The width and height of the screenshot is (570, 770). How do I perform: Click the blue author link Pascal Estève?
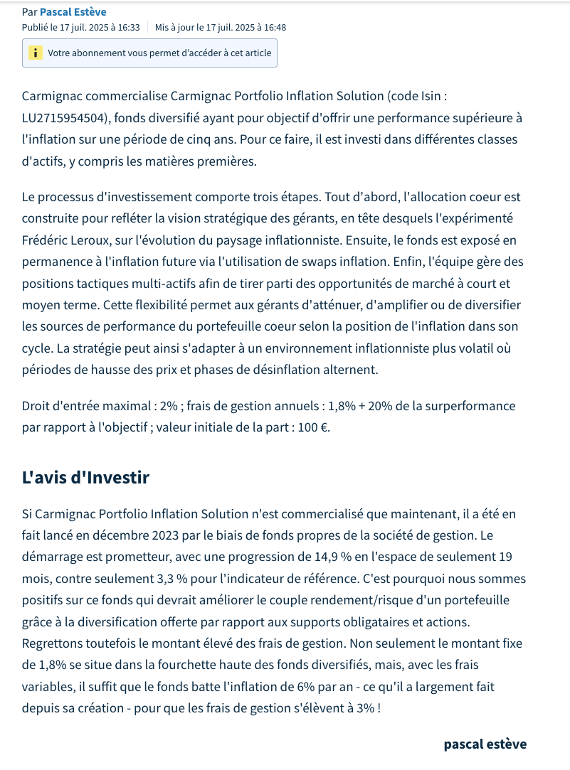point(73,12)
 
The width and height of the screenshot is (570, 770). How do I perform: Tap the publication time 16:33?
point(128,28)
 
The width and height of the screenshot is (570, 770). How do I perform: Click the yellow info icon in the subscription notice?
point(35,53)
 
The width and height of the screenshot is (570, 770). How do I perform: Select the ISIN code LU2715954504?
point(64,117)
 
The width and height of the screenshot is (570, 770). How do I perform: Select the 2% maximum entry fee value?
point(169,407)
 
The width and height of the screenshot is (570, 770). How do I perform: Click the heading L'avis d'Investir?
point(85,478)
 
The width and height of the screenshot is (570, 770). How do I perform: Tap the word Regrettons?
point(53,644)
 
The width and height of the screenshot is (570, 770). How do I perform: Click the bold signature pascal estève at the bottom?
point(485,744)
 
